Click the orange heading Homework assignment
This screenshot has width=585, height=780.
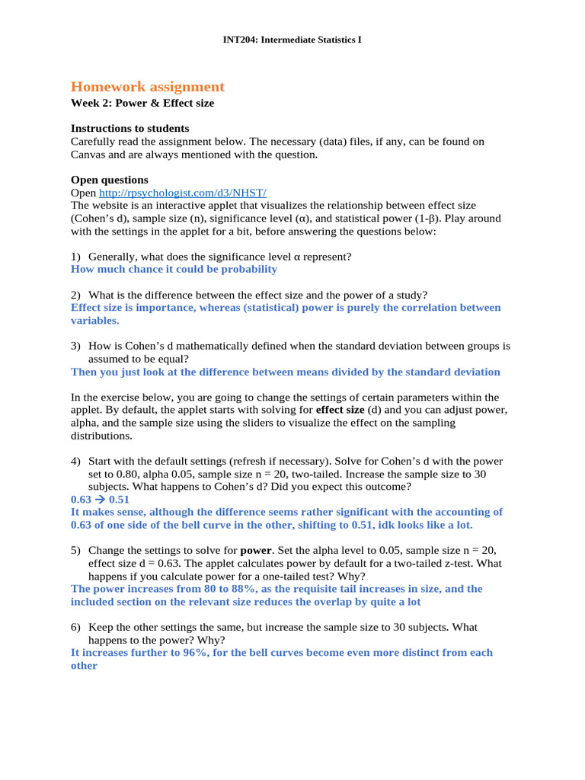pyautogui.click(x=148, y=87)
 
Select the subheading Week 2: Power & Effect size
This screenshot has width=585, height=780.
pyautogui.click(x=142, y=103)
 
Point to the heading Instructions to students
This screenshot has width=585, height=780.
pyautogui.click(x=129, y=128)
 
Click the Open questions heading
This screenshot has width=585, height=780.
pyautogui.click(x=110, y=180)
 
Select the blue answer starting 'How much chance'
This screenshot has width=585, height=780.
pyautogui.click(x=174, y=269)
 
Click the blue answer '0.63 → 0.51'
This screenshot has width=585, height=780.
pyautogui.click(x=100, y=500)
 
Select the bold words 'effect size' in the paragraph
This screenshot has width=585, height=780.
pyautogui.click(x=340, y=410)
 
